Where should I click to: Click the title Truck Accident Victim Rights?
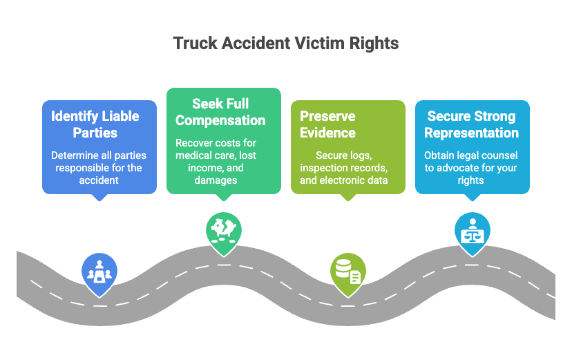285,44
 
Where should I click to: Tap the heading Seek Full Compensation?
220,112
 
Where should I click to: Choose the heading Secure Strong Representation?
472,124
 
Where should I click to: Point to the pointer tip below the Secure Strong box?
472,200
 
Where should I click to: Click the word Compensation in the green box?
220,120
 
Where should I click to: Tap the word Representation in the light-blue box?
472,133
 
